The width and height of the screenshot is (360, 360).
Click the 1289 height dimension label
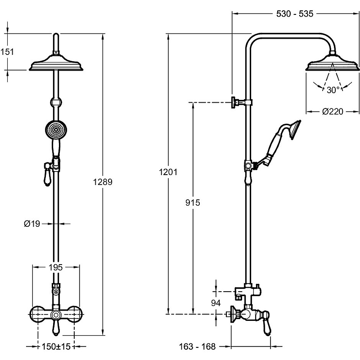click(x=103, y=182)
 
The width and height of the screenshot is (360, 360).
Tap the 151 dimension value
click(x=7, y=52)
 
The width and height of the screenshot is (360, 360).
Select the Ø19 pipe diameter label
click(x=32, y=223)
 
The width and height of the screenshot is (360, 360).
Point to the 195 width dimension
click(x=55, y=267)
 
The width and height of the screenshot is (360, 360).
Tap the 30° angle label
click(x=333, y=90)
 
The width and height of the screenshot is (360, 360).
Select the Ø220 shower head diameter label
click(x=333, y=112)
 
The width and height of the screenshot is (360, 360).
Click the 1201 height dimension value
click(x=167, y=172)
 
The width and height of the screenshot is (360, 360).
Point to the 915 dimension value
click(x=193, y=203)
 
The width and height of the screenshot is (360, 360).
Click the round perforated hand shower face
click(x=55, y=130)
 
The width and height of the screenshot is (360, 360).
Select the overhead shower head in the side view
click(x=333, y=65)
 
